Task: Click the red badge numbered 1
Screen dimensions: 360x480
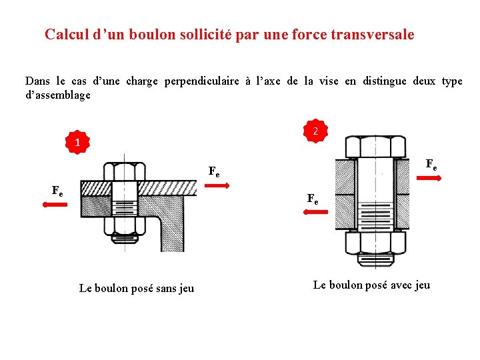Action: click(x=77, y=143)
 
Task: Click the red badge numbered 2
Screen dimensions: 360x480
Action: click(x=316, y=132)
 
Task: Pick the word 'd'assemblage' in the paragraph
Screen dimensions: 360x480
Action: click(x=57, y=95)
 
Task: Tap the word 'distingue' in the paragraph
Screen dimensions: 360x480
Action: click(x=385, y=81)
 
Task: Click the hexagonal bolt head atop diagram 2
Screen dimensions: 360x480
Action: click(x=375, y=146)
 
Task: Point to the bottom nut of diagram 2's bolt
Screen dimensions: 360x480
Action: click(x=375, y=243)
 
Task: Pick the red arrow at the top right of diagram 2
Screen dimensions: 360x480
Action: click(x=427, y=177)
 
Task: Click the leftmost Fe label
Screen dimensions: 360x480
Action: click(x=57, y=191)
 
